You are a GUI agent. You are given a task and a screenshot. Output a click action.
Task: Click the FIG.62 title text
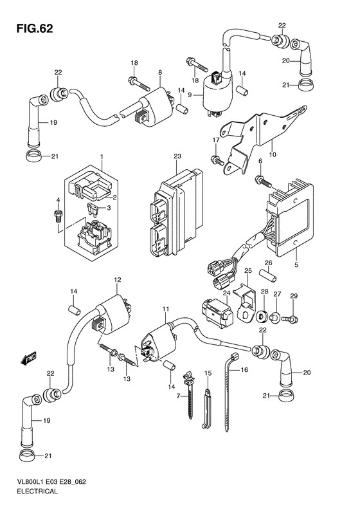(34, 29)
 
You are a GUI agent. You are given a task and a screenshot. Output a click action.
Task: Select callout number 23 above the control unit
(177, 156)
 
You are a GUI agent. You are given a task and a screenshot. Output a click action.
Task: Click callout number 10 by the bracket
(273, 154)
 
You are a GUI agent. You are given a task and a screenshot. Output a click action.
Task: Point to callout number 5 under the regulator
(296, 265)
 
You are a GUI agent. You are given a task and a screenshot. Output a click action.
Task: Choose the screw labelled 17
(217, 160)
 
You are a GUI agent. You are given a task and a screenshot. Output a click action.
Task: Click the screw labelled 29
(290, 319)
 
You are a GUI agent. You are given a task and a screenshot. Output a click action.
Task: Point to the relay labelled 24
(217, 311)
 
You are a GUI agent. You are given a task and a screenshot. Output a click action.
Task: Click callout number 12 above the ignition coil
(117, 279)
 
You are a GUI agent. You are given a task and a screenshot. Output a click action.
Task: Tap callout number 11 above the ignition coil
(166, 310)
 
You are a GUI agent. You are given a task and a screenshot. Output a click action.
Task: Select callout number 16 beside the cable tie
(244, 370)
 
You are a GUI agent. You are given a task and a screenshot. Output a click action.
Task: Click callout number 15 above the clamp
(208, 374)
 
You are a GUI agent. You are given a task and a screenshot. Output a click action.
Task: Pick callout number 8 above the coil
(160, 73)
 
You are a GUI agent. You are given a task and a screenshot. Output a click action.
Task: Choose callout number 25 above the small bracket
(248, 270)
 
